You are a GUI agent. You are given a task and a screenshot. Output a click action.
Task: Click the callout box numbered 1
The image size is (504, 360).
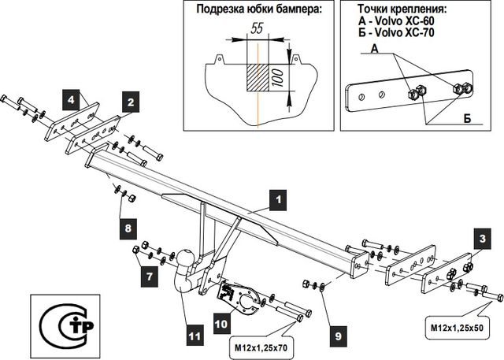(x=276, y=200)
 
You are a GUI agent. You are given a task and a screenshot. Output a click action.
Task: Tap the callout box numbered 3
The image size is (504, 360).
(x=480, y=239)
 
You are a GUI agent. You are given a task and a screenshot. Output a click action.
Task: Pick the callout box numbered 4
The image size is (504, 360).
(x=71, y=100)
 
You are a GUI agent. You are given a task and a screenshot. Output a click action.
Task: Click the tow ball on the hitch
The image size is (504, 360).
(x=186, y=259)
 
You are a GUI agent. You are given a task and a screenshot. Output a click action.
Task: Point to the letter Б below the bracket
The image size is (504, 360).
(x=467, y=118)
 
